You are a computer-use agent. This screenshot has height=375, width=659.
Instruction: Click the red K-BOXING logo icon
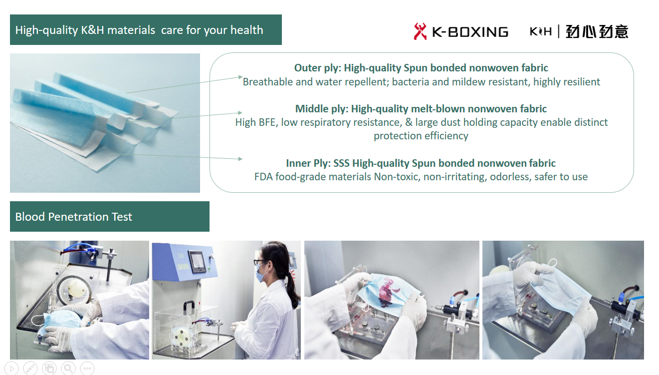pos(420,31)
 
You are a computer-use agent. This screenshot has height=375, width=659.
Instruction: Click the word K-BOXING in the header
pos(470,32)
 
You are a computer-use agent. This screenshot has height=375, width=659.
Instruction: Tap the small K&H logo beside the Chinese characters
pos(540,31)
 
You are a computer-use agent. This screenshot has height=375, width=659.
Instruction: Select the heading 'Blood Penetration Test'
pos(73,217)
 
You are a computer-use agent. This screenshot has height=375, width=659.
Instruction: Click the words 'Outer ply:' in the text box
pos(318,68)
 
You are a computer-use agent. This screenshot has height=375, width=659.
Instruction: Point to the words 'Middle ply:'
pos(322,109)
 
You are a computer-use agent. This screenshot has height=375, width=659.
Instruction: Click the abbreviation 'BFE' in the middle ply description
pos(268,122)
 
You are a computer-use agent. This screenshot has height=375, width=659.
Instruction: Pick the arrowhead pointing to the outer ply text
pos(240,77)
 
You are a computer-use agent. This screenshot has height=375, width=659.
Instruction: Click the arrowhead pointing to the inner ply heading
pos(240,159)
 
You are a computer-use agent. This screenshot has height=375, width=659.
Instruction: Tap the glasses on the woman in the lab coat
pos(259,262)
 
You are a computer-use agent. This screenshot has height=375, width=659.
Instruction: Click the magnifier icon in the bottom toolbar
pos(68,368)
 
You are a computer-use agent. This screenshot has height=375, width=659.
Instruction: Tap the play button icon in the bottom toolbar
pos(11,368)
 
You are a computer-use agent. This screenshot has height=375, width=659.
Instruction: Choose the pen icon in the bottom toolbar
pos(30,368)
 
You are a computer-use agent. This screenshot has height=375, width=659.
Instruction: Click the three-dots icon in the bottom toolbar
pos(87,368)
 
